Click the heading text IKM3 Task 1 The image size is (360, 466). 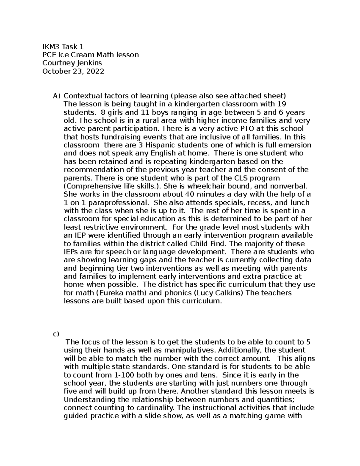pos(63,47)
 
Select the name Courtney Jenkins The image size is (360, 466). pos(72,63)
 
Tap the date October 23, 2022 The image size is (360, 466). pos(73,71)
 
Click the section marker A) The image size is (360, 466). pos(56,96)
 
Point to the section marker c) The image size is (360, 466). pos(56,334)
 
